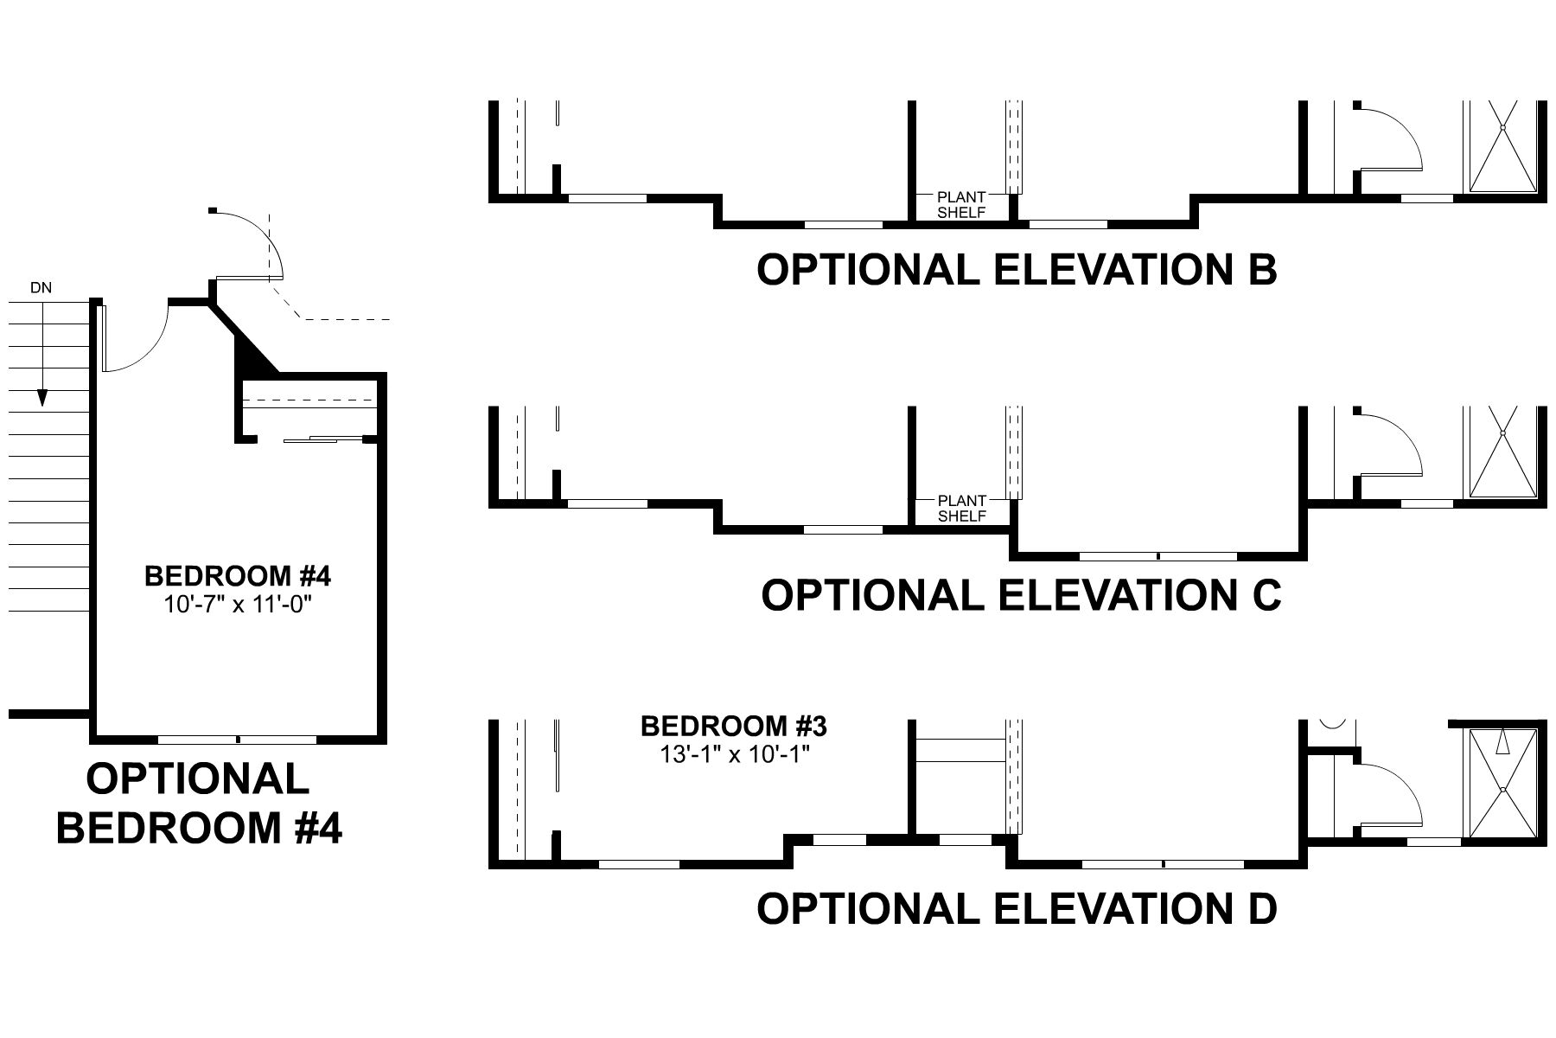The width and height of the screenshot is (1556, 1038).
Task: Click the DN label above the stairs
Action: point(41,288)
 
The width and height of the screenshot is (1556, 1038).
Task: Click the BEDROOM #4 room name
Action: point(238,575)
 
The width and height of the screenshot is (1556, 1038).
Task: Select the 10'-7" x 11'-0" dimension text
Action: point(238,603)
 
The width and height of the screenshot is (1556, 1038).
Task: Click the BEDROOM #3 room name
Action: point(734,726)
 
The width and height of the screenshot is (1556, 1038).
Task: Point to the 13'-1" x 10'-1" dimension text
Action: point(734,754)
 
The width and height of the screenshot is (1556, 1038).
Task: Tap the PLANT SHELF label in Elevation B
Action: point(961,205)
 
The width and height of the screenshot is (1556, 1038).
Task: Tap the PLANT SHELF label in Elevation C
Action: point(961,509)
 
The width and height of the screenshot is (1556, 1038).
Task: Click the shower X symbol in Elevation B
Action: point(1502,147)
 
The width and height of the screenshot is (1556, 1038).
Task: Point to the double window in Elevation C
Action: point(1158,555)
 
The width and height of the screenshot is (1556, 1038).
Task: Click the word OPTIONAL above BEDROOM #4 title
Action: point(198,778)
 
